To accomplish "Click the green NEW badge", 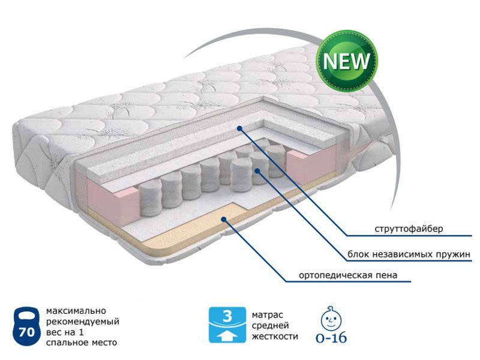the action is click(347, 61).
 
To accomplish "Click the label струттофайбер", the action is click(409, 229).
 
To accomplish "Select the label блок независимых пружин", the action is click(409, 254).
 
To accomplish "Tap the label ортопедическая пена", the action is click(348, 275).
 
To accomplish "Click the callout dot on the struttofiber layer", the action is click(239, 128).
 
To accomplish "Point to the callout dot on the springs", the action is click(257, 170).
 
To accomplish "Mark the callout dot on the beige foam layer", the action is click(224, 219).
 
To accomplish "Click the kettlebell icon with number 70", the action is click(26, 326).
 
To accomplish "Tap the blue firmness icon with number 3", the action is click(227, 325).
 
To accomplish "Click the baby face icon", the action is click(331, 318).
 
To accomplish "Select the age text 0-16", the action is click(331, 338).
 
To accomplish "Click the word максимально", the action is click(76, 311).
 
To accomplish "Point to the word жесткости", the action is click(275, 337).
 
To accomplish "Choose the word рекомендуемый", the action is click(83, 322).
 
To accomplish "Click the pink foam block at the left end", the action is click(113, 202).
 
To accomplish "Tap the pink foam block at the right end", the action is click(311, 166).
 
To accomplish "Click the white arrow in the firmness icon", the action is click(227, 336).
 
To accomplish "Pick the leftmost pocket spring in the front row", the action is click(151, 198).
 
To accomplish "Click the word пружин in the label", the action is click(452, 254).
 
